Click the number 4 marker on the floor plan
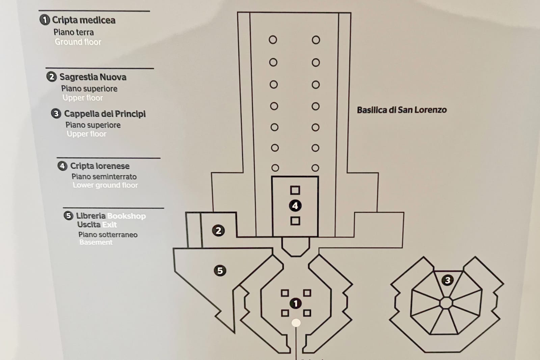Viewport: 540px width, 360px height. tap(295, 206)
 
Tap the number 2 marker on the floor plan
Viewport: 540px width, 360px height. tap(218, 231)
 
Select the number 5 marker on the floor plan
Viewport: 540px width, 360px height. tap(220, 271)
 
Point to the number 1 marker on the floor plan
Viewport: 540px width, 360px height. tap(296, 304)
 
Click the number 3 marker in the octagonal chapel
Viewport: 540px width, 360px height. tap(448, 280)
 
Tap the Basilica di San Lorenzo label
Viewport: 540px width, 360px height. tap(402, 110)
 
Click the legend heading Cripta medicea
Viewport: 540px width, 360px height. tap(84, 20)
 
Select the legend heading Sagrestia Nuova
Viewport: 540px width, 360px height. tap(93, 77)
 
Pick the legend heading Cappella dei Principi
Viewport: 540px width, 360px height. tap(105, 114)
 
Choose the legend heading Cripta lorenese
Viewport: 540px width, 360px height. tap(100, 166)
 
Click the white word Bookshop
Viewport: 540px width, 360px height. tap(127, 216)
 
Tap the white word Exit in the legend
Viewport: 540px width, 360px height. tap(109, 225)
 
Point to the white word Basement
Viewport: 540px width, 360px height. tap(96, 242)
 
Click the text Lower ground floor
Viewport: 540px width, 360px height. tap(105, 185)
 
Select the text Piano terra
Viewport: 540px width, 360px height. tap(74, 32)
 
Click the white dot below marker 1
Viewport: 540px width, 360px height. tap(296, 323)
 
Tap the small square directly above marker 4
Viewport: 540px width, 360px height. tap(295, 190)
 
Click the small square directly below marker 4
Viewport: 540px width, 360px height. tap(295, 221)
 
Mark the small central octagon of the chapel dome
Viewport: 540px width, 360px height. tap(446, 303)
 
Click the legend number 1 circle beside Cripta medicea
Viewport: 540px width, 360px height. tap(45, 20)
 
